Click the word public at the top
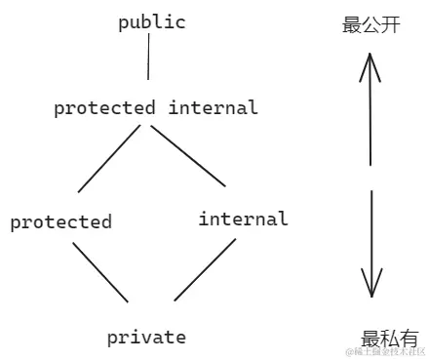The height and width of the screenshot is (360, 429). point(152,22)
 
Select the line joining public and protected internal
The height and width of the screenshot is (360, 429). point(148,61)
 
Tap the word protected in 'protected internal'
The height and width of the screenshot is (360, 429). point(104,108)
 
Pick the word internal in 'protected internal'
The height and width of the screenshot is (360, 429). point(213,107)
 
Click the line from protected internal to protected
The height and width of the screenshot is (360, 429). point(110,157)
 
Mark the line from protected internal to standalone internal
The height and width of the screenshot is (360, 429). point(187,155)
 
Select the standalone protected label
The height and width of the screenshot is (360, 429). point(60,222)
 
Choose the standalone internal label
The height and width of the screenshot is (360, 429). point(243,219)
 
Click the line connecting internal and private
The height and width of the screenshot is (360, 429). point(206,269)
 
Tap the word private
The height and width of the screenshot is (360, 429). point(146,338)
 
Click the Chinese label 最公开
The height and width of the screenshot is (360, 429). point(371,25)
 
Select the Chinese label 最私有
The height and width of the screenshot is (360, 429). point(389,339)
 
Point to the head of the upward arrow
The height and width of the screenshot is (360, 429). point(370,62)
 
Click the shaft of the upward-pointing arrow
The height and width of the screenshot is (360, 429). point(370,117)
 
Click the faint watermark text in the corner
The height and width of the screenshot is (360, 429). point(385,351)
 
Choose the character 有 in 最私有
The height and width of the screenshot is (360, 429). point(409,339)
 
